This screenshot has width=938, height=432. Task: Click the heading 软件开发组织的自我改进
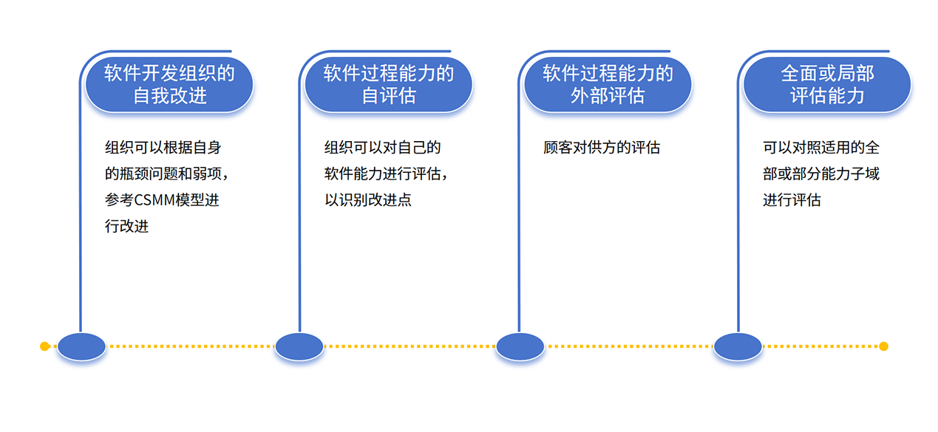[169, 84]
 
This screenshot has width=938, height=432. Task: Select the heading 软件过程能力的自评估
[389, 84]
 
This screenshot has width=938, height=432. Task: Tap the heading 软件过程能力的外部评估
[608, 84]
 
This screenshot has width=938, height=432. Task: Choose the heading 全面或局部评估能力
[827, 84]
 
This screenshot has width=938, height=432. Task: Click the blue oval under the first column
[81, 346]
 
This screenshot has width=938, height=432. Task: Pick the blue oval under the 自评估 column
[299, 346]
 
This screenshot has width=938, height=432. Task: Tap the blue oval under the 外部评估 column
[520, 346]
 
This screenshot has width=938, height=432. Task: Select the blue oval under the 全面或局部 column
[738, 346]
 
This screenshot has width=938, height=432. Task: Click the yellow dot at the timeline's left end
[45, 346]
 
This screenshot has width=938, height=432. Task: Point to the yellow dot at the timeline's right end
[883, 346]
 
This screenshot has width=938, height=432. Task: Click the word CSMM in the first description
[154, 200]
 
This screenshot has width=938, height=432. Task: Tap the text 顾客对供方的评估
[602, 148]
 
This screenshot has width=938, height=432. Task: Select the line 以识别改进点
[368, 200]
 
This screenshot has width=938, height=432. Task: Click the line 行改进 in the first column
[126, 226]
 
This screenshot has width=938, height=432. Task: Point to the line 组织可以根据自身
[163, 148]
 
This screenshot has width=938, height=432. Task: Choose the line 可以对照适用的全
[821, 148]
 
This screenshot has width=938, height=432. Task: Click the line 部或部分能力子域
[821, 174]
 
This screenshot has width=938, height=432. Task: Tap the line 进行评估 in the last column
[792, 200]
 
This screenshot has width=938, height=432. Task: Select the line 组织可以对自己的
[382, 148]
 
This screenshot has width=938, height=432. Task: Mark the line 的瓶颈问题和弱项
[163, 174]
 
